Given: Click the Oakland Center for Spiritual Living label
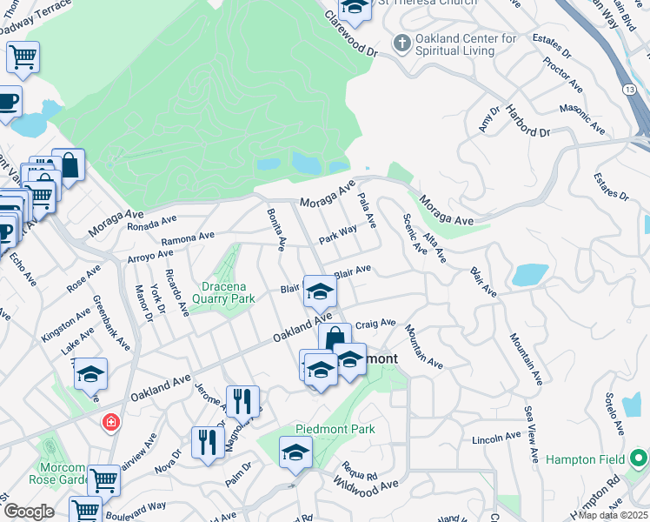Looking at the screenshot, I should pos(467,44).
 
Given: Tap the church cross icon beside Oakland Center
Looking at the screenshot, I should pos(401,41).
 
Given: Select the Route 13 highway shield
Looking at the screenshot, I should pos(628,89).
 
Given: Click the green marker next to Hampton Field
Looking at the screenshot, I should pos(639,458).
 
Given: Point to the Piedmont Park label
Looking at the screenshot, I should pos(335,429).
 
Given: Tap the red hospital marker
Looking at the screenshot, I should pos(110,423).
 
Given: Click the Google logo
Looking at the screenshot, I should pos(29,512).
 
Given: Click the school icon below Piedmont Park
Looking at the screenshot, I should pos(295,453).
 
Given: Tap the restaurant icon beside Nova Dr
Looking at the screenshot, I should pos(207,441).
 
